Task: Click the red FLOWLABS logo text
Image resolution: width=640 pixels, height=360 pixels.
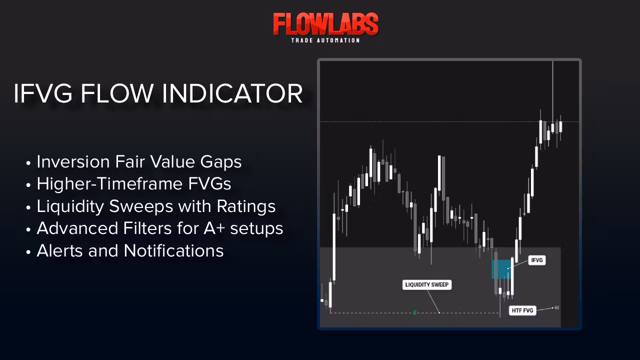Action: click(325, 24)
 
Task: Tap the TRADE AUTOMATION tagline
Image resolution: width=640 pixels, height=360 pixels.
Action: click(325, 40)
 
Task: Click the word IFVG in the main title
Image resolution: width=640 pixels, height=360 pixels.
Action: click(43, 93)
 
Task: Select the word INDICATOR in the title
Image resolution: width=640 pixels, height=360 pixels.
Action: click(232, 93)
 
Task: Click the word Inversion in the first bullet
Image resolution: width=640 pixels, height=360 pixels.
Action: click(73, 161)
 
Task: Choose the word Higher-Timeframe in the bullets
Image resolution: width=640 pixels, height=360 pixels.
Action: click(109, 183)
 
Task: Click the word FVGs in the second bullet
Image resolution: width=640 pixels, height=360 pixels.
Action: click(209, 183)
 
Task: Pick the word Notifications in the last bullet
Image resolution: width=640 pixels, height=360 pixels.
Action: click(173, 251)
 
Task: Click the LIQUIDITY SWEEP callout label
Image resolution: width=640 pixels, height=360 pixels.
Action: click(427, 284)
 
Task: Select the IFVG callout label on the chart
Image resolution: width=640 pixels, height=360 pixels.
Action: click(537, 260)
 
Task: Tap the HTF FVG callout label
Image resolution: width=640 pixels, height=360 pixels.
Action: click(522, 310)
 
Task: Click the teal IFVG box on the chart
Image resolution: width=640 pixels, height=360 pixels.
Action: click(501, 269)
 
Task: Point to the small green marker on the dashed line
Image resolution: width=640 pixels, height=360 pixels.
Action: click(415, 313)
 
